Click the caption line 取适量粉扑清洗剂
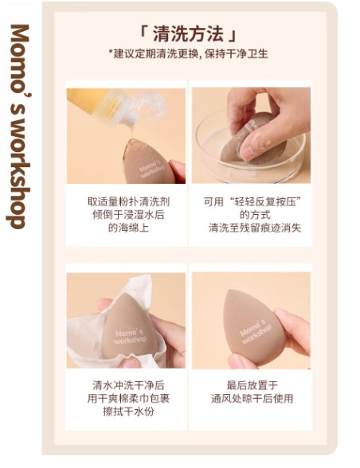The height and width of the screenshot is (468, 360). (126, 201)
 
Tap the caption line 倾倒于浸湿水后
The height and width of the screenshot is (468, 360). (126, 214)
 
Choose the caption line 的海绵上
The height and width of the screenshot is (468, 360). (126, 228)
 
